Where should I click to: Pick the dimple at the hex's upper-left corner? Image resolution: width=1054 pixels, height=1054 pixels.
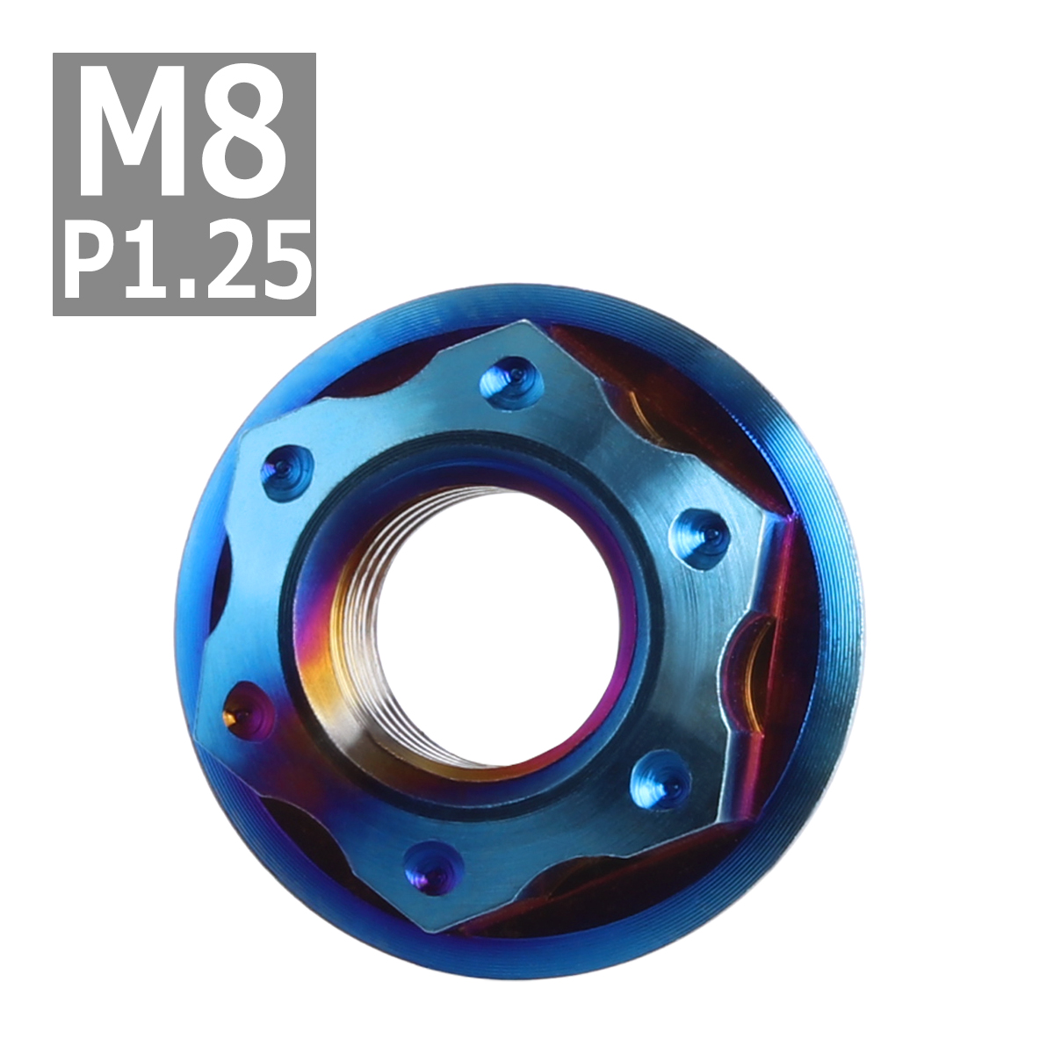pos(286,471)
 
